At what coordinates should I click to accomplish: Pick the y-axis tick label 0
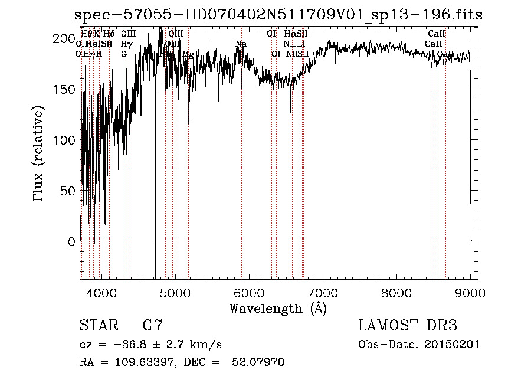tap(72, 242)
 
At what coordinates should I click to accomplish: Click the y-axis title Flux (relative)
tap(40, 155)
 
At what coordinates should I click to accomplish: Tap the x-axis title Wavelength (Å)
tap(278, 308)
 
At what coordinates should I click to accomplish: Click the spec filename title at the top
tap(278, 15)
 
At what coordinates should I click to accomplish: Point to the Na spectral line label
tap(241, 44)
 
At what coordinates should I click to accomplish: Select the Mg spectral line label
tap(188, 54)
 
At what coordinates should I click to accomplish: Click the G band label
tap(124, 54)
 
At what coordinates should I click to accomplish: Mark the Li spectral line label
tap(301, 44)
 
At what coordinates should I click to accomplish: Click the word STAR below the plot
tap(95, 326)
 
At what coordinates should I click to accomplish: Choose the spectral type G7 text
tap(152, 326)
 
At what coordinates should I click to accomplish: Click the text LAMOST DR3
tap(408, 326)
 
